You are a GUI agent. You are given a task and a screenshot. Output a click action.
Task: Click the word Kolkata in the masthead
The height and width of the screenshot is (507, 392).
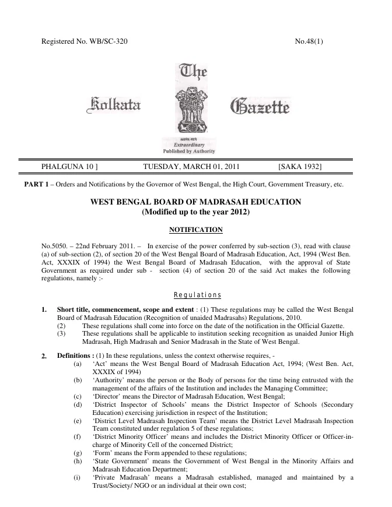pos(113,107)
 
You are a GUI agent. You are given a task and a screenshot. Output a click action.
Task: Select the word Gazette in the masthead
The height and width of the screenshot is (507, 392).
pos(260,107)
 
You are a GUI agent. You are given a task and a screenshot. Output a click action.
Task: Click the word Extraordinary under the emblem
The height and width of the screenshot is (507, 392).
pos(188,146)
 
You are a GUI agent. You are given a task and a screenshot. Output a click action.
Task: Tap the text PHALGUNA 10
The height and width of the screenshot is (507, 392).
pos(69,167)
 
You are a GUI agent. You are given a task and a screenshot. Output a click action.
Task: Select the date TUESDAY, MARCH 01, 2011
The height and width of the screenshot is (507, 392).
pos(191,167)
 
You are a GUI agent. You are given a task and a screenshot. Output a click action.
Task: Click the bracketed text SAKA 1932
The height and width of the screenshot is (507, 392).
pos(300,167)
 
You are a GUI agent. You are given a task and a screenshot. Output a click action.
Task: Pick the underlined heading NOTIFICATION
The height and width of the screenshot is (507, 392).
pos(195,230)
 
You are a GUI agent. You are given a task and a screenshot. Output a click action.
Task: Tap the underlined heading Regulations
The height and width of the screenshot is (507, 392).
pos(195,294)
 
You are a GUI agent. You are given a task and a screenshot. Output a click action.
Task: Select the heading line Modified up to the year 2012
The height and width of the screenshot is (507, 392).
pos(195,213)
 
